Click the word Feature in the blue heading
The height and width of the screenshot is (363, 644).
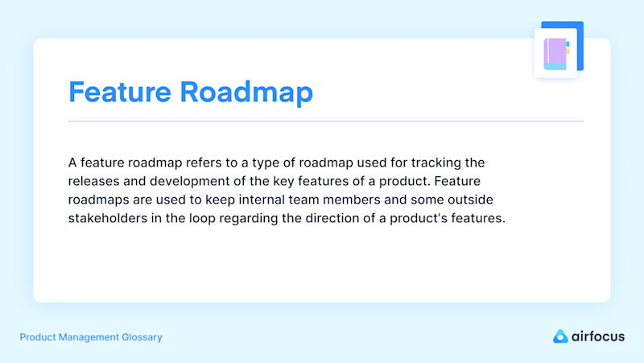point(119,92)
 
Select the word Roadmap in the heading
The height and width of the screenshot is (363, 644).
point(246,92)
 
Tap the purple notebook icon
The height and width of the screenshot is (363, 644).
point(556,54)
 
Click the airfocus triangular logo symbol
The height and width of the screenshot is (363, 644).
point(560,336)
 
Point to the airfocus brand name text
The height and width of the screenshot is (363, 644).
point(598,336)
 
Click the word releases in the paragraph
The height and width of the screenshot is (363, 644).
point(93,181)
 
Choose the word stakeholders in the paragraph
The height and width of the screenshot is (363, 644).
point(108,218)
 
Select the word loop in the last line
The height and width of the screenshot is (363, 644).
point(202,218)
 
